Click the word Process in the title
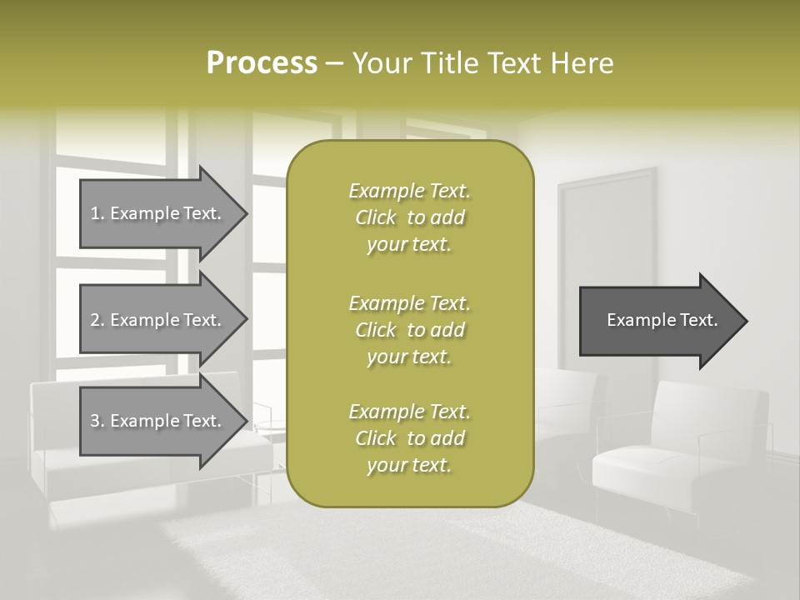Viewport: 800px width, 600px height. click(262, 63)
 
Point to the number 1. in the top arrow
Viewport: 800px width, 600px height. click(97, 213)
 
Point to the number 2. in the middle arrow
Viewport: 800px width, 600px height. click(97, 320)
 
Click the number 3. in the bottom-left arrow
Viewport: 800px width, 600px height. click(97, 421)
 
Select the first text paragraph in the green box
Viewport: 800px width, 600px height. click(409, 217)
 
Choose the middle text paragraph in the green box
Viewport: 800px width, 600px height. click(409, 329)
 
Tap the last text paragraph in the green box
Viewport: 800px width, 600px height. click(409, 438)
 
